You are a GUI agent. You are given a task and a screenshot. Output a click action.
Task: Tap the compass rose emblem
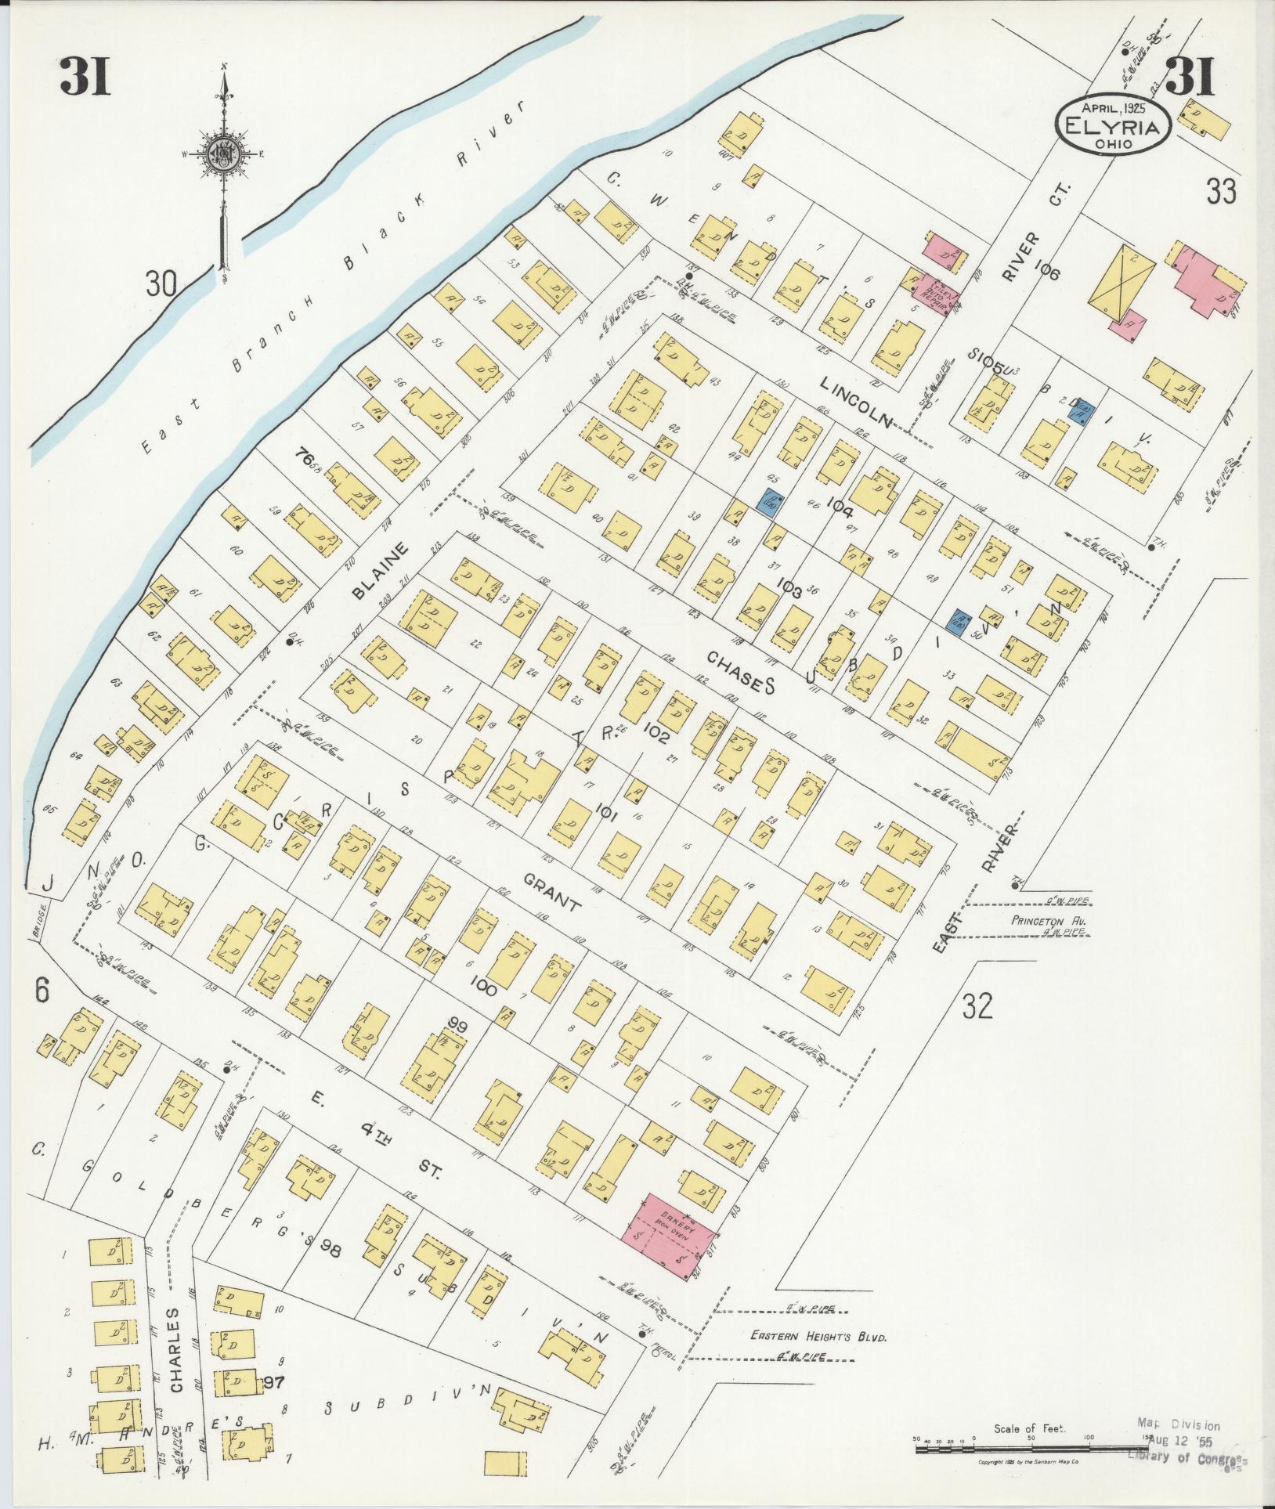[222, 154]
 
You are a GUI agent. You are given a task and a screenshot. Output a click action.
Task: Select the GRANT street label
[552, 893]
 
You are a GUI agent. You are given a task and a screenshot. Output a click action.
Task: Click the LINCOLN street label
[857, 401]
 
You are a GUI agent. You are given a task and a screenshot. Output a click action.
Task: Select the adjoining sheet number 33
[1221, 190]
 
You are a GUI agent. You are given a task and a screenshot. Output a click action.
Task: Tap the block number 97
[273, 1380]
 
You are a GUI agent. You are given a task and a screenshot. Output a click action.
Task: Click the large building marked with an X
[1122, 280]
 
